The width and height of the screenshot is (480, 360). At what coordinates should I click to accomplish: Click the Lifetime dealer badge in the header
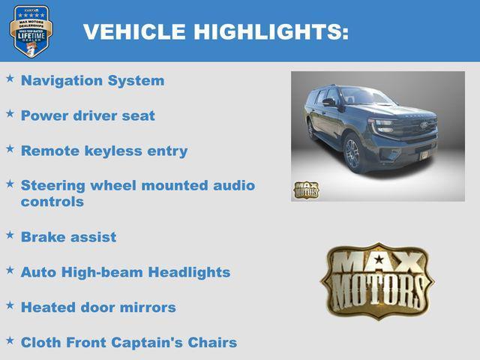click(31, 31)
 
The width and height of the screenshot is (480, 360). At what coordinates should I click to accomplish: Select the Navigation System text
click(92, 80)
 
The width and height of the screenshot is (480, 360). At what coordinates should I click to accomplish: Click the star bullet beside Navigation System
click(10, 78)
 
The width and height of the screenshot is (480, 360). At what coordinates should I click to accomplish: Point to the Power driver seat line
click(88, 115)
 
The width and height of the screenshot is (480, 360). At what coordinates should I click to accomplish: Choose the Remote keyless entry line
click(104, 151)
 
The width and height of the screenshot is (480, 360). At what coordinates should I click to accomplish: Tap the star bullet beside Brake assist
click(10, 235)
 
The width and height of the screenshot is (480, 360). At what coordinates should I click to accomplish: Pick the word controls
click(52, 202)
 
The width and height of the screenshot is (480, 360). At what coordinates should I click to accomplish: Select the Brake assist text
click(68, 237)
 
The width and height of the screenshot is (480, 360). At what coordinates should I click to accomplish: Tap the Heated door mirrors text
click(98, 307)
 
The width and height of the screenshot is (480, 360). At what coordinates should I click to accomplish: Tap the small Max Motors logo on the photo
click(305, 190)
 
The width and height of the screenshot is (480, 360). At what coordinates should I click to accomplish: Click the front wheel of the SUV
click(352, 154)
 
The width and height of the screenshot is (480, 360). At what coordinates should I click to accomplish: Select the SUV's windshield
click(366, 97)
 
